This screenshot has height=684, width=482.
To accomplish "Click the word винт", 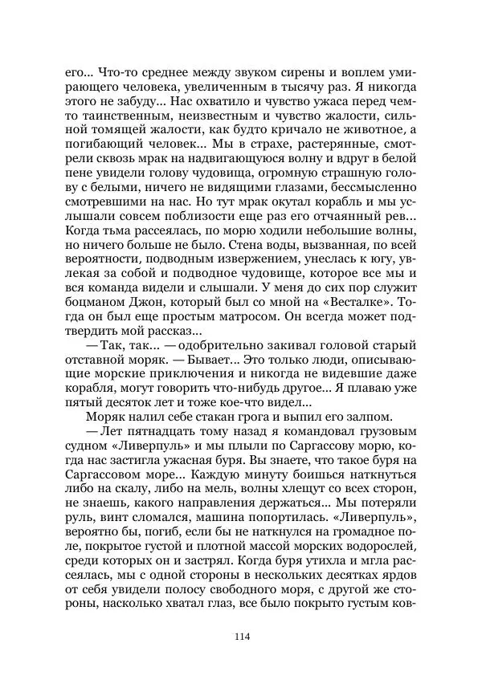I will (x=101, y=522).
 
